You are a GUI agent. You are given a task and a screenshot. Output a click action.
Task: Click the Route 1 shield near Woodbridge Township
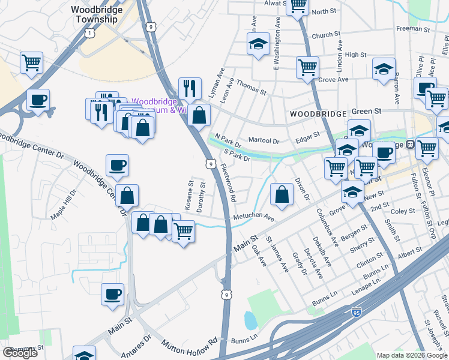point(89,34)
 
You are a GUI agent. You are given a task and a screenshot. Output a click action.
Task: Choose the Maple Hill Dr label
point(64,205)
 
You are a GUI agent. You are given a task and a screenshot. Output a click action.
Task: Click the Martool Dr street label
point(264,140)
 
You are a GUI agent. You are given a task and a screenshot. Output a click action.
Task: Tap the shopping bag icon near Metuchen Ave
point(282,194)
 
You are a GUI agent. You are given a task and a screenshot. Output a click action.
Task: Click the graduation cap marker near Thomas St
point(258,44)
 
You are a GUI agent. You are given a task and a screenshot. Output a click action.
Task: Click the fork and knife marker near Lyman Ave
point(190,88)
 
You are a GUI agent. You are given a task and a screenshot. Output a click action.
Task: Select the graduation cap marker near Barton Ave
point(384,69)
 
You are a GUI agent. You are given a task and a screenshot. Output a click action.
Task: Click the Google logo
point(20,353)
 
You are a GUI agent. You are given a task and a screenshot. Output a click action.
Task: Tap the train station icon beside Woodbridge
point(411,144)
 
